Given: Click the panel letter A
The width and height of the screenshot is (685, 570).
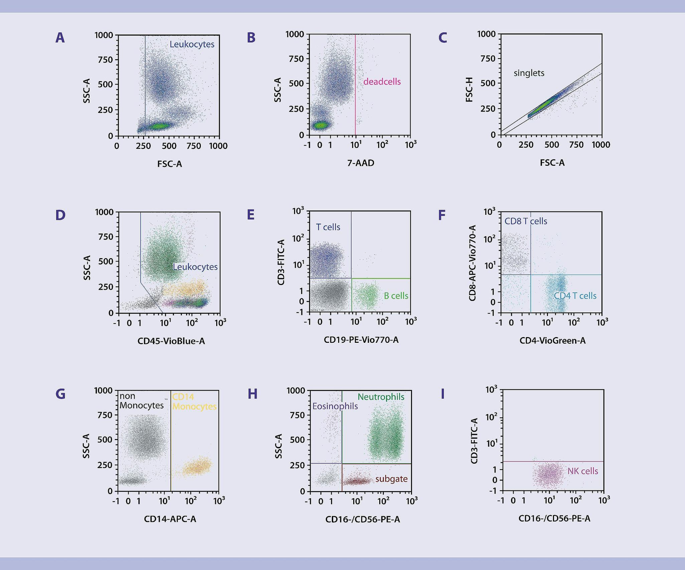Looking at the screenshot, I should (60, 38).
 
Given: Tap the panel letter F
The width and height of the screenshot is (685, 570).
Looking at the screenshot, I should (442, 215).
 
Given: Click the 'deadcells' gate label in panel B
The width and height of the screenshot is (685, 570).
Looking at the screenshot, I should (382, 82).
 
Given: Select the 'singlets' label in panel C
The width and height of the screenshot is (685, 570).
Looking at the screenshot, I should (529, 73).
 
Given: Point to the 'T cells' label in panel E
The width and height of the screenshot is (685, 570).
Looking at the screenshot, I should (328, 227).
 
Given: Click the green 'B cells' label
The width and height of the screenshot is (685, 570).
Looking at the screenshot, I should (396, 296).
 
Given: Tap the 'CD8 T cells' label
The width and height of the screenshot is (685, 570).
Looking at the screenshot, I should (526, 221).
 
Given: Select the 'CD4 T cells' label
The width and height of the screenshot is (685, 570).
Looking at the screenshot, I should (575, 296).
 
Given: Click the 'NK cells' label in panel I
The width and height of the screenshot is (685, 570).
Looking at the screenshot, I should (583, 471).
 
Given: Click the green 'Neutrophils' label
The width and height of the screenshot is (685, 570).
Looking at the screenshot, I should (381, 397).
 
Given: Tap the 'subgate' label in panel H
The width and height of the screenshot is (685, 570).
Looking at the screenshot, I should (391, 479).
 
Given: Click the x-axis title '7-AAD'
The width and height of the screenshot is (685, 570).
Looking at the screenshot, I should (361, 163).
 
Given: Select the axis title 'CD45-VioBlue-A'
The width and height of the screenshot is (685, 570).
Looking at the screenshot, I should (171, 341).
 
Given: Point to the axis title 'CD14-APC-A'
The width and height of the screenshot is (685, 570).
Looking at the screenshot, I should (170, 519).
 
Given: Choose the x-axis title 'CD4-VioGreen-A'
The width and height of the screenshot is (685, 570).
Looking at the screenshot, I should (552, 341).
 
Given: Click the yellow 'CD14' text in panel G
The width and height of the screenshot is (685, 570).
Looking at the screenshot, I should (183, 397).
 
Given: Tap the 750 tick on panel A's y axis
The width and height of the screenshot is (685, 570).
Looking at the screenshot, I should (105, 60).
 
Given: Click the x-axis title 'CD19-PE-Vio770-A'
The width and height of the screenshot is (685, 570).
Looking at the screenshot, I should (361, 340).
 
